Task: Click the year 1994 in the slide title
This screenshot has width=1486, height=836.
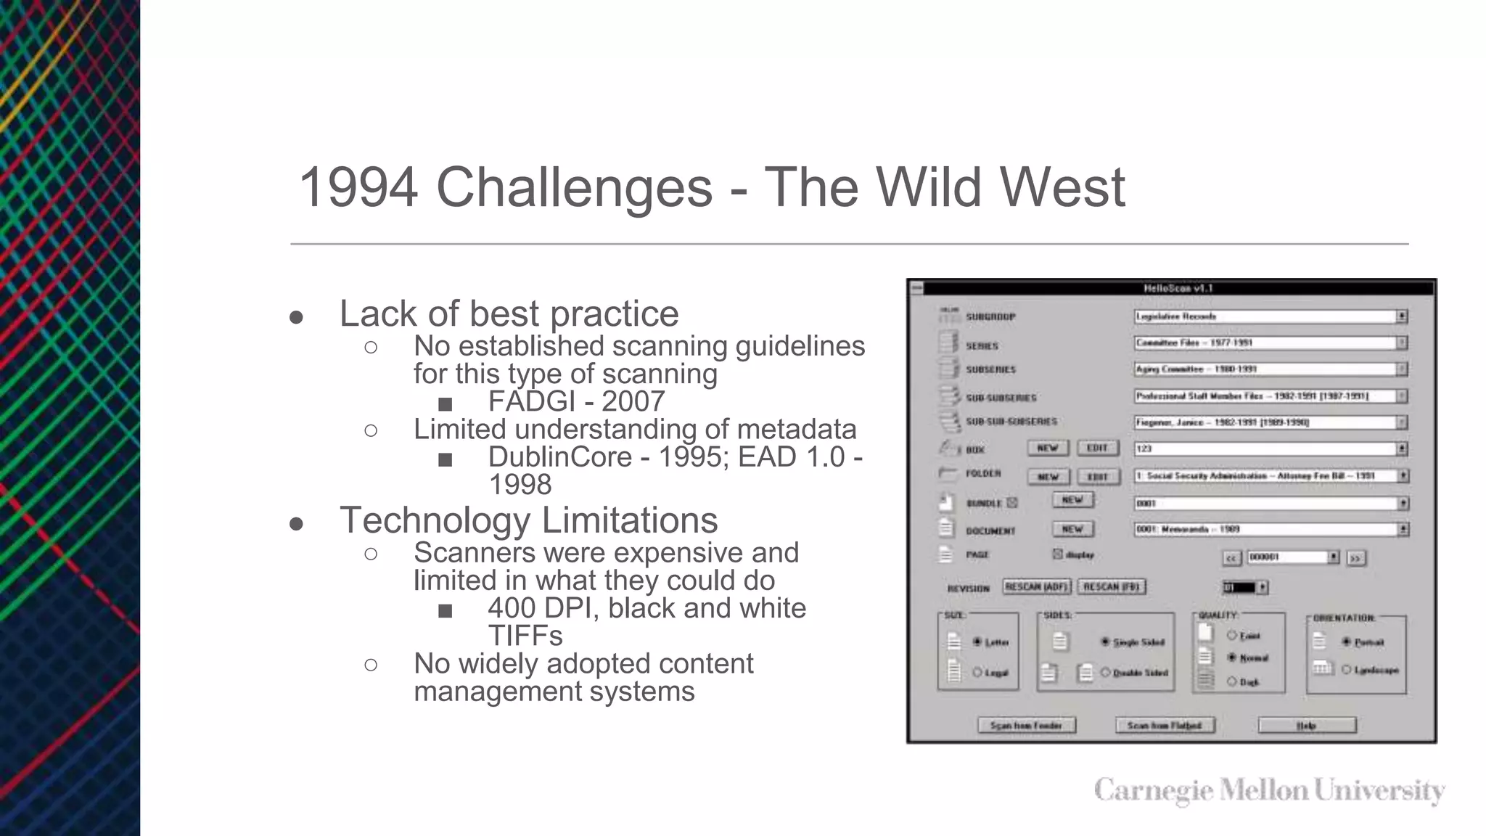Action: [358, 187]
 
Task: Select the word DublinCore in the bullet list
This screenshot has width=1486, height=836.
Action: [559, 457]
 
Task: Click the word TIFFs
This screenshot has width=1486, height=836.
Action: [525, 636]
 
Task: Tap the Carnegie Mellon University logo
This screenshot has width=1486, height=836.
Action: [1269, 790]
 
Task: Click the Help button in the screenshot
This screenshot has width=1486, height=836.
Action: [1306, 725]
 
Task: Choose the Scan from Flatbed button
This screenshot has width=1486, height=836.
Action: [1164, 725]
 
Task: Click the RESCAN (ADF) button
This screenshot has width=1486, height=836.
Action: [1036, 586]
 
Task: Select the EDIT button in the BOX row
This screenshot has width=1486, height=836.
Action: [1097, 448]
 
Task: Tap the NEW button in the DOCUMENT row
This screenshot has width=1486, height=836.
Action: [1072, 529]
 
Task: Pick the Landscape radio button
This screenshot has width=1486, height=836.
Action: [1347, 670]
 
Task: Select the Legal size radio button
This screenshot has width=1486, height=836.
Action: [977, 672]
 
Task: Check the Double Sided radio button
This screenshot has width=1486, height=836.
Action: [1105, 673]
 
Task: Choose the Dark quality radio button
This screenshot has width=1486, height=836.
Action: [1231, 681]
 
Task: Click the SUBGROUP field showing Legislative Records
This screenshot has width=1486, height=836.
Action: [1265, 316]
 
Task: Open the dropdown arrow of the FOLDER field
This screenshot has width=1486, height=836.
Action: [1403, 476]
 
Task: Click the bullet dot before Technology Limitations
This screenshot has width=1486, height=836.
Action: [296, 524]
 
